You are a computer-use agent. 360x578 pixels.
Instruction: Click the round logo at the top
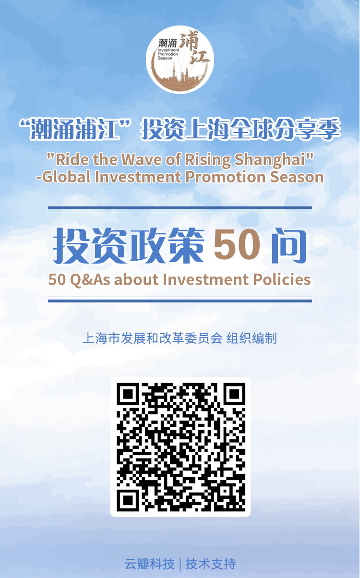click(180, 60)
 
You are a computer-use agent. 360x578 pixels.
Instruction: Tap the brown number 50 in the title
click(237, 245)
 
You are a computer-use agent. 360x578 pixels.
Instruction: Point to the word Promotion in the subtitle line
click(225, 177)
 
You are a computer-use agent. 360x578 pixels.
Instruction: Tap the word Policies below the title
click(282, 279)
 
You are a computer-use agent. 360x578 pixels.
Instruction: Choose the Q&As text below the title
click(90, 280)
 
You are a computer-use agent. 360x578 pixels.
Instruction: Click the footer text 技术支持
click(211, 564)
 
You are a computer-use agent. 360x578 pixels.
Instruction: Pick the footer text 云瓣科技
click(150, 564)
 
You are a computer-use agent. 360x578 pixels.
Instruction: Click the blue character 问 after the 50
click(289, 245)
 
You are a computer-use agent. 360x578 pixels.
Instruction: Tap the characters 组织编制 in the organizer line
click(252, 338)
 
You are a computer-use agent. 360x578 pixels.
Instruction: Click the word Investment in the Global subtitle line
click(138, 177)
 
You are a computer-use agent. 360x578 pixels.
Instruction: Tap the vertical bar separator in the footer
click(180, 564)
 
